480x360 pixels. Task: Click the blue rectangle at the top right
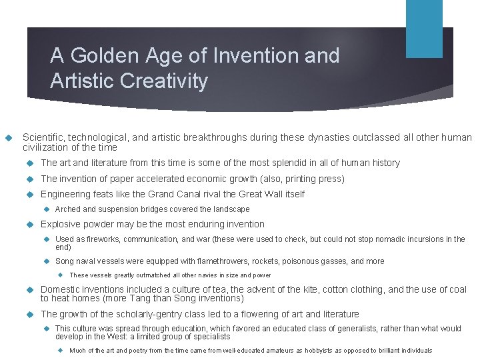(424, 29)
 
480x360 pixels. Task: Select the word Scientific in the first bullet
(44, 138)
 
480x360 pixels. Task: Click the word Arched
(69, 209)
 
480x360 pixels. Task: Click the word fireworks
(100, 239)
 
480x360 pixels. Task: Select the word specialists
(211, 337)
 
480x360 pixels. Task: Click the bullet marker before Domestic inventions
(27, 290)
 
